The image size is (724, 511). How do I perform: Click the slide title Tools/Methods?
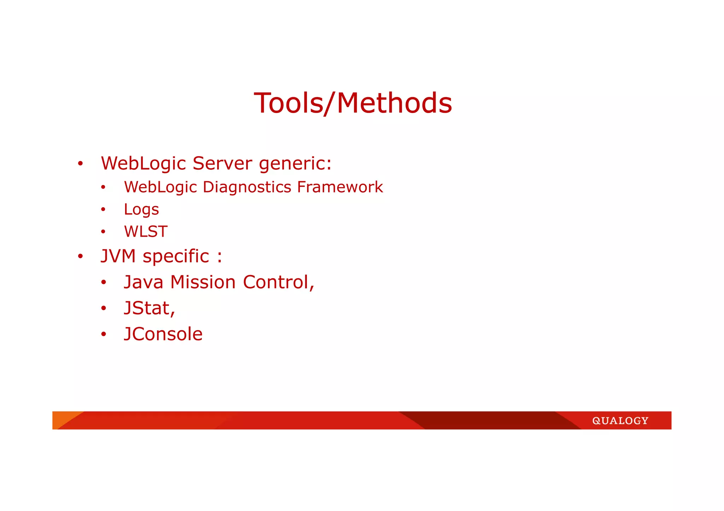(353, 103)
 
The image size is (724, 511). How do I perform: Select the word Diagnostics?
(247, 188)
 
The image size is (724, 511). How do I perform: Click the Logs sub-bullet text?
(141, 210)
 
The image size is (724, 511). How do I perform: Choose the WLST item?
(146, 232)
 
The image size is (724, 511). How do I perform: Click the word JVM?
(118, 256)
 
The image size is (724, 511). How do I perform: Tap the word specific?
(176, 257)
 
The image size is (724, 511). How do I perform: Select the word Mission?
(203, 282)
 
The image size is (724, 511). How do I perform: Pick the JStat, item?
(150, 308)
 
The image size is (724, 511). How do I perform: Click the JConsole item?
(163, 334)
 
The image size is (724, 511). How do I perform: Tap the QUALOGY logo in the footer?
(620, 421)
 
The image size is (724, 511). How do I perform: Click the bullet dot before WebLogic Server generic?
(81, 164)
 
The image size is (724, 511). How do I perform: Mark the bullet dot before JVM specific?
(81, 257)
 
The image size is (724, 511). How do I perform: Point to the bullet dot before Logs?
(103, 210)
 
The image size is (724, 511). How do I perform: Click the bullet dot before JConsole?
(103, 334)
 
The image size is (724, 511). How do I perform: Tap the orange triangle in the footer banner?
(62, 417)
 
